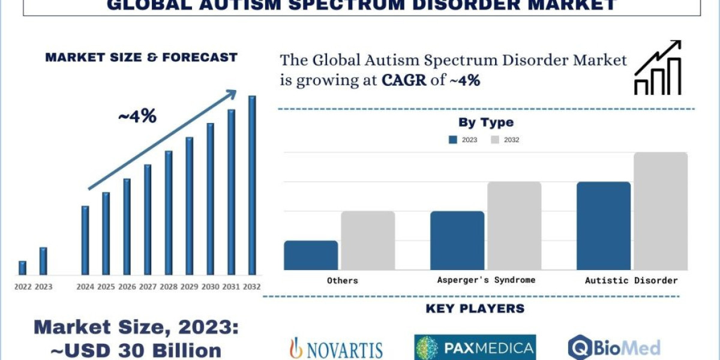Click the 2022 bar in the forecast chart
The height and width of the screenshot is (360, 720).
click(x=23, y=268)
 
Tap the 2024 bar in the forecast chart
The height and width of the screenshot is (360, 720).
click(x=85, y=240)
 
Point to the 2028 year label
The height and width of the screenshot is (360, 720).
click(x=169, y=287)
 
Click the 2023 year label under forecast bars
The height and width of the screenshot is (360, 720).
click(x=43, y=287)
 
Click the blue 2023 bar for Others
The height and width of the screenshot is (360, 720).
click(x=311, y=255)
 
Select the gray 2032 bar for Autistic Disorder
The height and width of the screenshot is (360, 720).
click(x=661, y=211)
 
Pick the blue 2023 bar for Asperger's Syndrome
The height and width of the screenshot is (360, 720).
click(x=457, y=240)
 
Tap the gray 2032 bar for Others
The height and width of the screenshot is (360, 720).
click(x=368, y=240)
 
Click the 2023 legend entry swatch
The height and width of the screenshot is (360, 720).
click(x=454, y=140)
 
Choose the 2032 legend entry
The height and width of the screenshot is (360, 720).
click(x=504, y=140)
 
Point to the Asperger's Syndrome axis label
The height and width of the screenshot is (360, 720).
click(x=486, y=280)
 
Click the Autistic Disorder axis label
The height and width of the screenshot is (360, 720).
click(x=631, y=280)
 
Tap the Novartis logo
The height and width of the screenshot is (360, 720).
click(x=336, y=347)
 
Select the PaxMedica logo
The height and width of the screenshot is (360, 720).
click(x=475, y=347)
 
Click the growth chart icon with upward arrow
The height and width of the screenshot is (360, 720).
click(x=658, y=68)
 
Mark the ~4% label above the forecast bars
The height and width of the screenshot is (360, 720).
click(x=137, y=116)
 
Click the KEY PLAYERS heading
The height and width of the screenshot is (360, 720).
click(x=475, y=308)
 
